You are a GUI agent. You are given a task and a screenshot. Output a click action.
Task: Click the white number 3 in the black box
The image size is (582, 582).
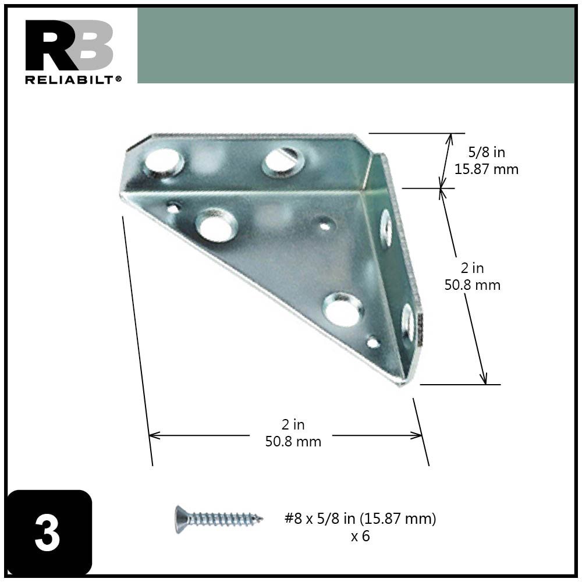click(x=48, y=534)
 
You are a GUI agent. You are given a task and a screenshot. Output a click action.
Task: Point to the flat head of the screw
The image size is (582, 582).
click(x=181, y=519)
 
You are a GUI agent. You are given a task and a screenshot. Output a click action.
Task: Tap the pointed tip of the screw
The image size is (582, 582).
click(x=261, y=518)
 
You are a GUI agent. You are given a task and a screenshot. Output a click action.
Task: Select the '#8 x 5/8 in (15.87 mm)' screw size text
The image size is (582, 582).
click(x=360, y=519)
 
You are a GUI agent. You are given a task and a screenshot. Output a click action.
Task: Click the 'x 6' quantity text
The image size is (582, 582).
click(x=360, y=536)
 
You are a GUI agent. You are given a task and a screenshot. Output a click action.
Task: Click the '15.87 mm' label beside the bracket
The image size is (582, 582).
click(x=487, y=169)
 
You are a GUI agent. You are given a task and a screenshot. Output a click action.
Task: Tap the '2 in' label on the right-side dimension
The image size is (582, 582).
click(x=472, y=268)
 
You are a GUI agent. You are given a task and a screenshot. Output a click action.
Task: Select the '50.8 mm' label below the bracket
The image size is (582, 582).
click(x=293, y=441)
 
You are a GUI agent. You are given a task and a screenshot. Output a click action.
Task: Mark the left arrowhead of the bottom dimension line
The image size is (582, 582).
click(x=152, y=435)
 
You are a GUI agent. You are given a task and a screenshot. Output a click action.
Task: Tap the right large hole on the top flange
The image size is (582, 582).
click(x=283, y=161)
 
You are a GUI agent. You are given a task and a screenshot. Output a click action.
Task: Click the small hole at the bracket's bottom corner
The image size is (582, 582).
click(x=373, y=342)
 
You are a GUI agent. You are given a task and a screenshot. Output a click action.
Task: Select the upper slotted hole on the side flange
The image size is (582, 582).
click(x=385, y=228)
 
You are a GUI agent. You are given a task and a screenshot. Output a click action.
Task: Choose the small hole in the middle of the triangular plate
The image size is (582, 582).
click(x=325, y=223)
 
